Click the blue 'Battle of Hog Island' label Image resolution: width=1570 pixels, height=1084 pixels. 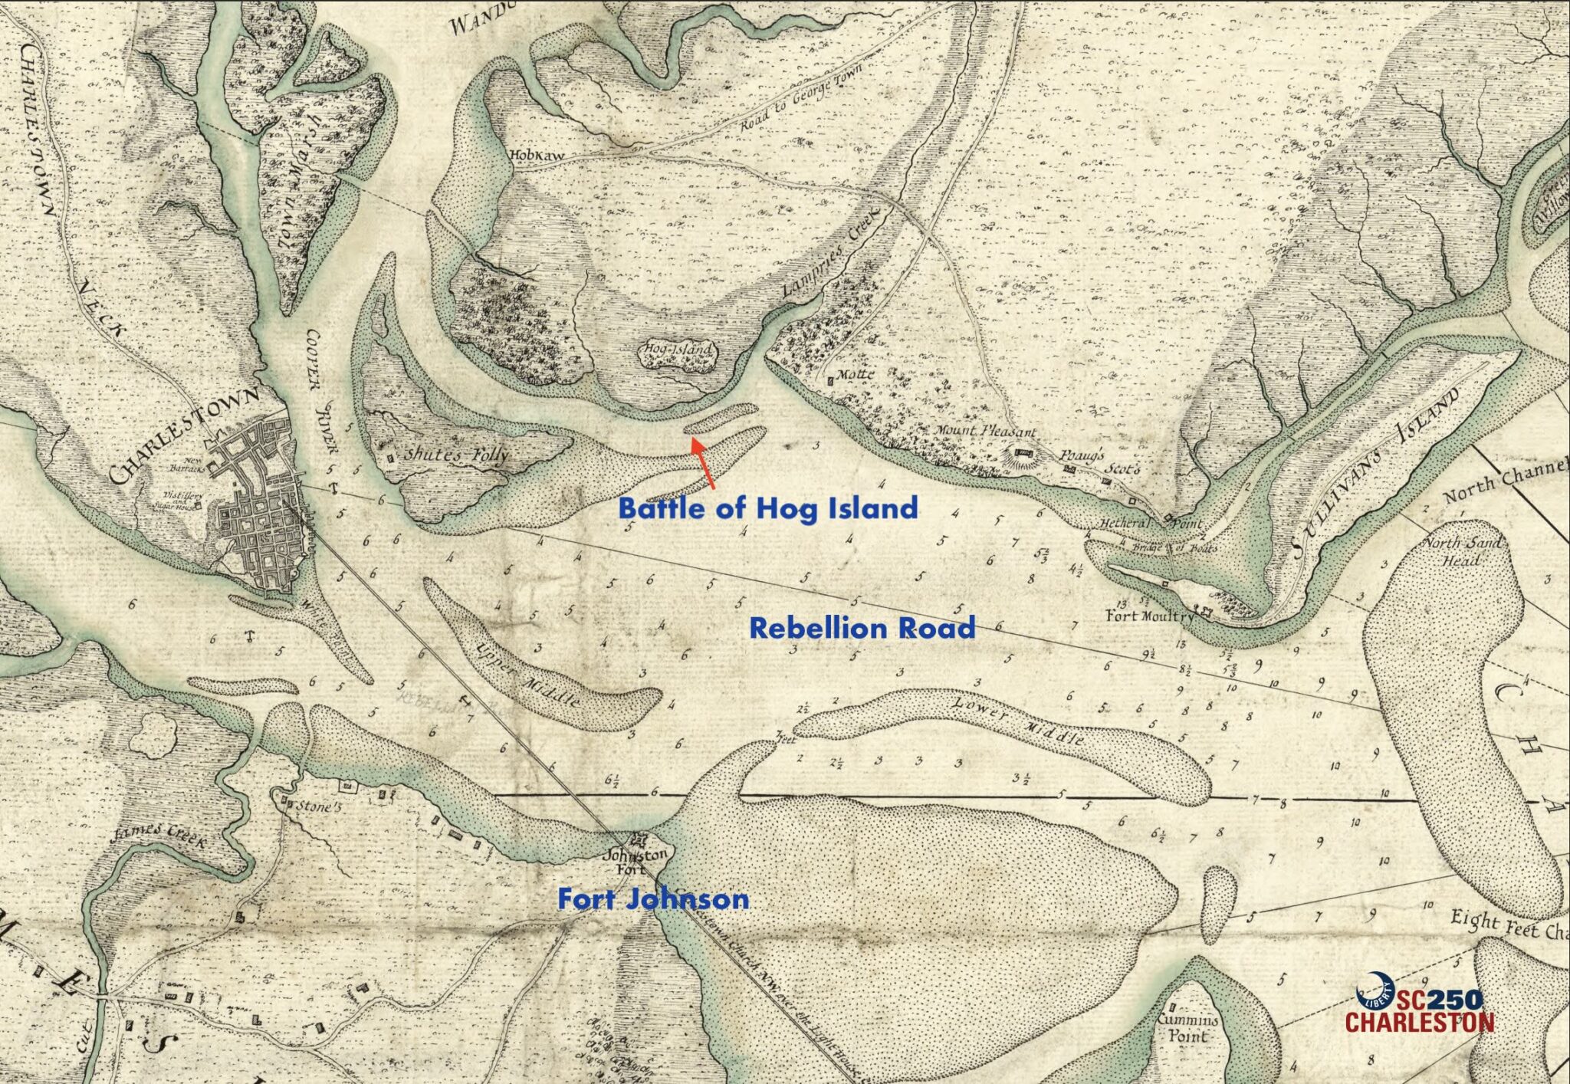pos(767,508)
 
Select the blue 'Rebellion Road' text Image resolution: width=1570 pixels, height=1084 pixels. pos(862,628)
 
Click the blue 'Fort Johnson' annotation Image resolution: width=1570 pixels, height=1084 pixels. pos(653,898)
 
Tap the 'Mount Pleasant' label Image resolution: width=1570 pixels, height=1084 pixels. pos(984,431)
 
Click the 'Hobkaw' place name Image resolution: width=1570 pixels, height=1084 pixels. pos(537,155)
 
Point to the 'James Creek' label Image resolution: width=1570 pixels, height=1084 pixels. pos(159,836)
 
